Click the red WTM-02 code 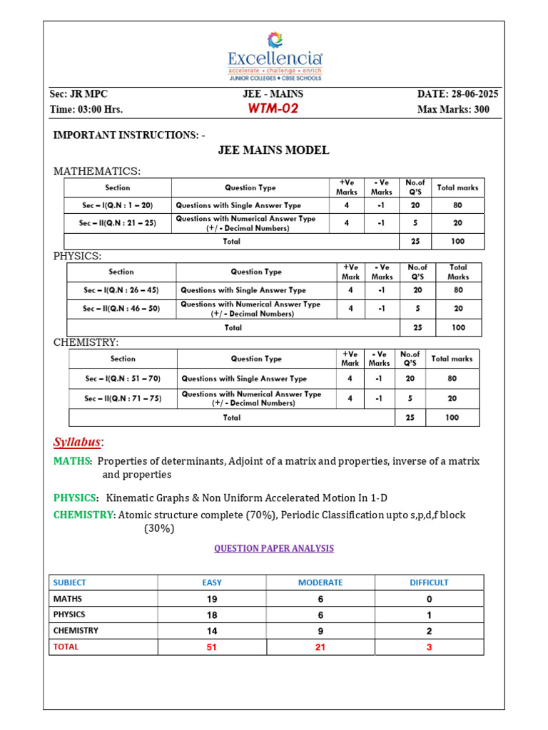pyautogui.click(x=273, y=109)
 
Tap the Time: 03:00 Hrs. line pyautogui.click(x=86, y=110)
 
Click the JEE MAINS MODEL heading pyautogui.click(x=273, y=150)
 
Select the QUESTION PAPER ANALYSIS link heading pyautogui.click(x=274, y=548)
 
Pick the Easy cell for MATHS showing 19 pyautogui.click(x=211, y=599)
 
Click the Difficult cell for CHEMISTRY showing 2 pyautogui.click(x=429, y=631)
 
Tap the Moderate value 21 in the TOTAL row pyautogui.click(x=320, y=647)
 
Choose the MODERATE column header pyautogui.click(x=320, y=582)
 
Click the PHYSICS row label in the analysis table pyautogui.click(x=69, y=615)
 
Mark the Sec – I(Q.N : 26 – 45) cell pyautogui.click(x=121, y=290)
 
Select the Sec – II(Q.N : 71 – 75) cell pyautogui.click(x=123, y=399)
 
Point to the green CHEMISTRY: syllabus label pyautogui.click(x=83, y=515)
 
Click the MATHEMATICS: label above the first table pyautogui.click(x=97, y=171)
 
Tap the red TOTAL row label pyautogui.click(x=66, y=647)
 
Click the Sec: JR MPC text pyautogui.click(x=78, y=94)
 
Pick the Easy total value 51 pyautogui.click(x=211, y=647)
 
